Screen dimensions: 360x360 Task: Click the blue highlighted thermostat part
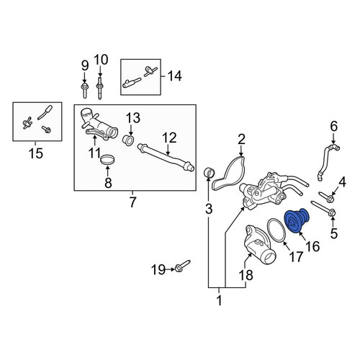(x=297, y=220)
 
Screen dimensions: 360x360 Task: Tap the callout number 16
(x=313, y=246)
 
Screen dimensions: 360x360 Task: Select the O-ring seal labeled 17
(x=276, y=230)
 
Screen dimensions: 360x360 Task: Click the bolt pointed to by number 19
(x=183, y=266)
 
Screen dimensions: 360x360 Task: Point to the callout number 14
(x=175, y=76)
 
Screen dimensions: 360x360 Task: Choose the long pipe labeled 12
(x=166, y=158)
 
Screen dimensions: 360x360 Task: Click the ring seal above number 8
(x=107, y=160)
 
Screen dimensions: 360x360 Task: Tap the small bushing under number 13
(x=128, y=140)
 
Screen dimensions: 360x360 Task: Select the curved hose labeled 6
(x=328, y=161)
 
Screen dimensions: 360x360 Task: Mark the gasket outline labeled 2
(x=228, y=174)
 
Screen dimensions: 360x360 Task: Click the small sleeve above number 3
(x=210, y=173)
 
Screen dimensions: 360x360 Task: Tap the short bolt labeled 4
(x=326, y=197)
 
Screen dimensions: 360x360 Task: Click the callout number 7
(x=132, y=202)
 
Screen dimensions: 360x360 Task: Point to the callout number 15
(x=36, y=153)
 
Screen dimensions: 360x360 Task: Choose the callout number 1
(x=219, y=300)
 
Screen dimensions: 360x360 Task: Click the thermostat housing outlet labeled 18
(x=258, y=244)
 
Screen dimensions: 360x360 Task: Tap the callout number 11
(x=94, y=153)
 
